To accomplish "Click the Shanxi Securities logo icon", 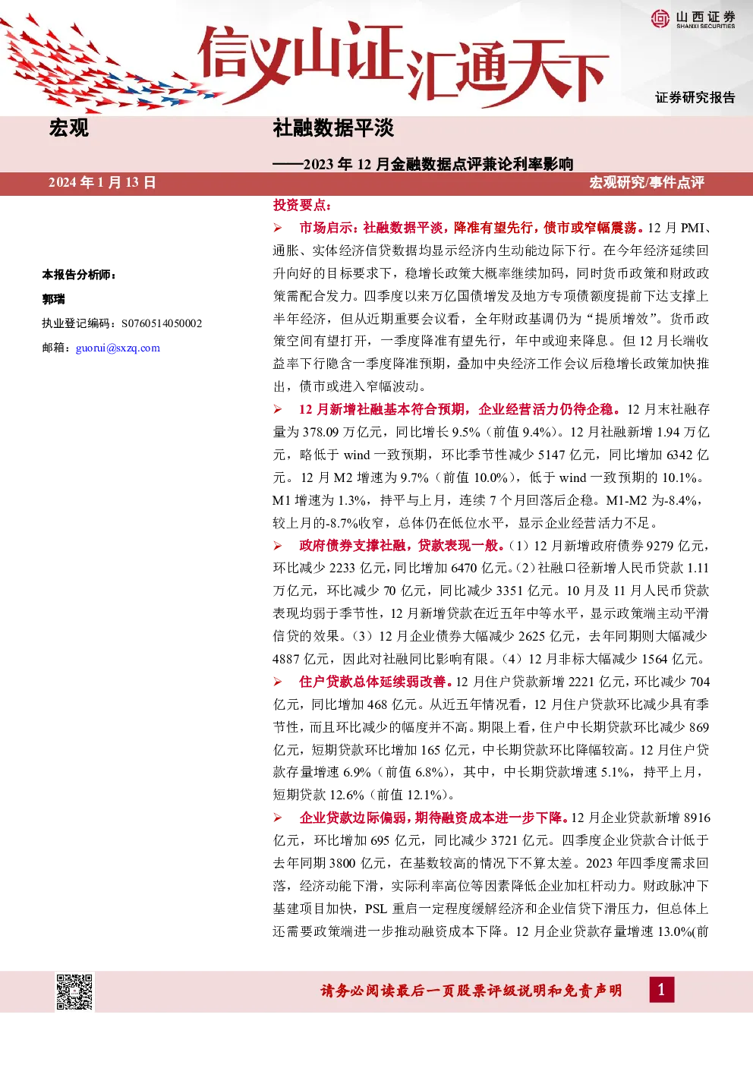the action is click(x=660, y=18).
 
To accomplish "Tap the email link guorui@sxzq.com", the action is click(x=118, y=348).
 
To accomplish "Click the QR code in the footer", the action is click(x=74, y=992).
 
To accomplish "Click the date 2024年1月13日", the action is click(x=102, y=183).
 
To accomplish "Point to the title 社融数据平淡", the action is click(x=333, y=128).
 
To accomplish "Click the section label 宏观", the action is click(x=69, y=128).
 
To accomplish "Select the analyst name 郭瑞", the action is click(x=54, y=299).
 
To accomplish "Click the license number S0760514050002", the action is click(x=162, y=323).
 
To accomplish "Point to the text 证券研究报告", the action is click(x=695, y=97).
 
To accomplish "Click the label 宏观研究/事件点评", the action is click(x=647, y=183).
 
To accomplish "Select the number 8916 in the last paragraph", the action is click(x=697, y=818).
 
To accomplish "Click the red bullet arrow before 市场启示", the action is click(x=278, y=228).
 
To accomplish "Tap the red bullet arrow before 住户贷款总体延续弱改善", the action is click(x=278, y=682).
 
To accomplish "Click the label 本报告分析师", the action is click(x=79, y=274).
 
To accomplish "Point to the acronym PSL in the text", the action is click(x=376, y=909).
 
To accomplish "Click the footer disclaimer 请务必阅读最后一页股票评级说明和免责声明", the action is click(x=471, y=991).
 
